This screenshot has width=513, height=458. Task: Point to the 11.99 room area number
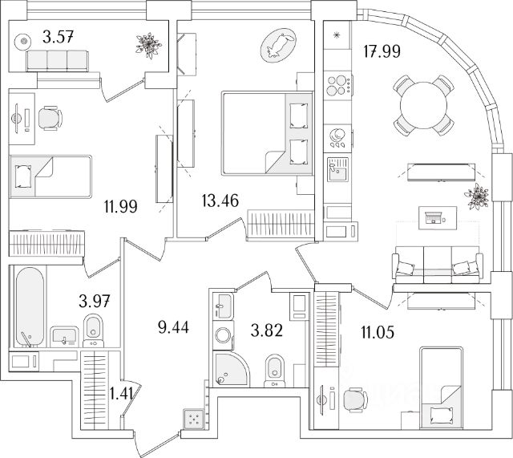point(119,206)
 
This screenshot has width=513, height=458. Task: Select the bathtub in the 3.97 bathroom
point(26,306)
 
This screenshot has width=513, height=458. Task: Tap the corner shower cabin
point(230,367)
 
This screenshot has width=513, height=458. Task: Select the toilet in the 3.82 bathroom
point(273,369)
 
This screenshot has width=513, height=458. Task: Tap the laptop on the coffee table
point(436,215)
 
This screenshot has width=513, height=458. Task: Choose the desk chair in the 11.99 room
point(50,119)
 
